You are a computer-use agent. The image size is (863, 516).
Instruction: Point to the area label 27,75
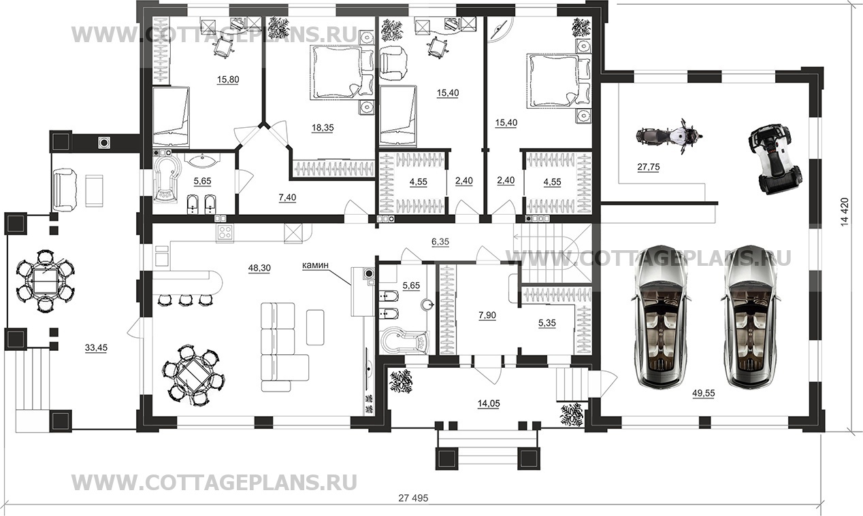(649, 166)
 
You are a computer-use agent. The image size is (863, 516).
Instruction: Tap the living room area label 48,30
(259, 268)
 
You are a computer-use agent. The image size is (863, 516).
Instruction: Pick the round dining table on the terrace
(46, 279)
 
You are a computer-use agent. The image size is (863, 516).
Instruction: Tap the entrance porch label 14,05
(489, 402)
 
